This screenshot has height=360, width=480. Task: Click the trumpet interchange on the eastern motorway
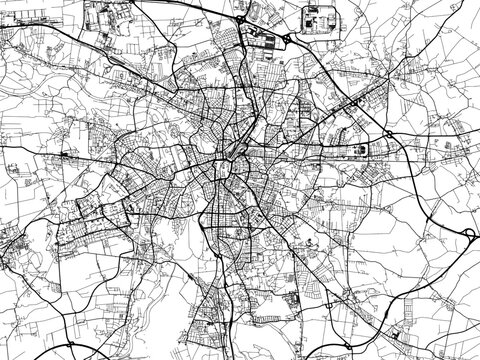pos(465,232)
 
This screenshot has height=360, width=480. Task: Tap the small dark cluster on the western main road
pos(67,156)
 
